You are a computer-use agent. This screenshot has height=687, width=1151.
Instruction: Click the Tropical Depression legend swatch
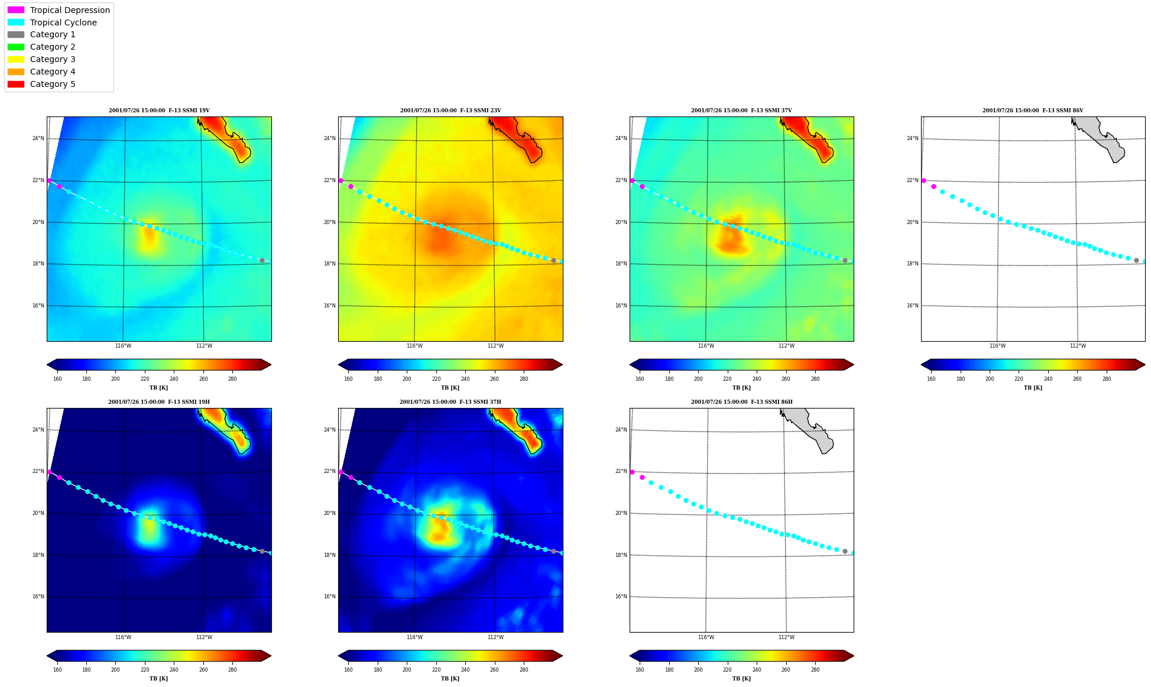pyautogui.click(x=16, y=10)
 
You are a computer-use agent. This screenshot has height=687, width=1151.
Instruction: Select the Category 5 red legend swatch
pyautogui.click(x=16, y=84)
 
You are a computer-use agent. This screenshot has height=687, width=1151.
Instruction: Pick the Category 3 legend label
pyautogui.click(x=53, y=59)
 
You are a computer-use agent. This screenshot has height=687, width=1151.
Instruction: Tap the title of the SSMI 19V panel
pyautogui.click(x=159, y=111)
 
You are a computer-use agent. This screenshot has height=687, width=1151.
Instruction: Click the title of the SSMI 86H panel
pyautogui.click(x=742, y=402)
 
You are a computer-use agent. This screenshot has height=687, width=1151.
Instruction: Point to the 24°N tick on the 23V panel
pyautogui.click(x=329, y=138)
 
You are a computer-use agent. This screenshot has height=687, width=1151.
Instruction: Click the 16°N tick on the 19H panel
pyautogui.click(x=38, y=597)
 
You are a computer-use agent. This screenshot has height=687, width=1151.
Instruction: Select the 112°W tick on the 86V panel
pyautogui.click(x=1078, y=346)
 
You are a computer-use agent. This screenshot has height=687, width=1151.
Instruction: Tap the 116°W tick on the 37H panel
pyautogui.click(x=414, y=637)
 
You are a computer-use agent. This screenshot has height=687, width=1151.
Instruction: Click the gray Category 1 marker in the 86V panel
pyautogui.click(x=1136, y=260)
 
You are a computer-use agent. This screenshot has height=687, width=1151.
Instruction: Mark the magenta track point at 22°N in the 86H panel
pyautogui.click(x=632, y=472)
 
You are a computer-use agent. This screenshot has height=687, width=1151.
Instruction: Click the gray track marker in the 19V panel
pyautogui.click(x=262, y=260)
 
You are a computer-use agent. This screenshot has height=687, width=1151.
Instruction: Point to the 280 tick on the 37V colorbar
pyautogui.click(x=815, y=379)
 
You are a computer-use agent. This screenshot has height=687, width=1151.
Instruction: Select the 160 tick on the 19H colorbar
pyautogui.click(x=57, y=670)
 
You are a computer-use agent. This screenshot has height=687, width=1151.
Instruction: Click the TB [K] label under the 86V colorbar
pyautogui.click(x=1033, y=388)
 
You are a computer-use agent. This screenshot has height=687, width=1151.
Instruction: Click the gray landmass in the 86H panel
pyautogui.click(x=808, y=429)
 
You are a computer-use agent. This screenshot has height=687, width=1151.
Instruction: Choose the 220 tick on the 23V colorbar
pyautogui.click(x=436, y=379)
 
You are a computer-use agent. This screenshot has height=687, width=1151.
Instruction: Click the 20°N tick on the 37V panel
pyautogui.click(x=621, y=222)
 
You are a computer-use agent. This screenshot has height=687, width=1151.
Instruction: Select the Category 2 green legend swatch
pyautogui.click(x=16, y=47)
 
